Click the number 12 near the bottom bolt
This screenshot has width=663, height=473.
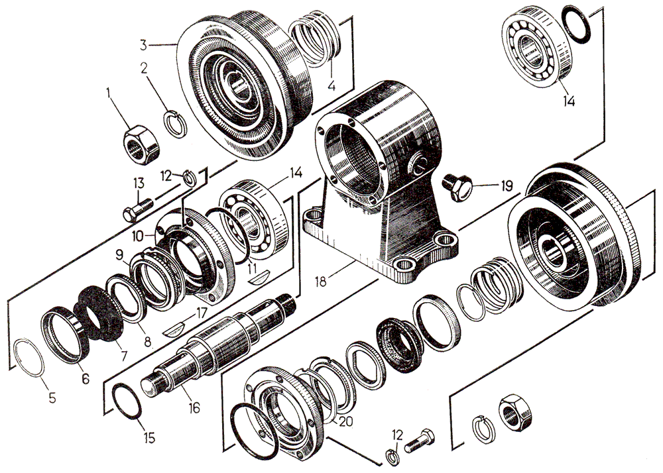point(396,435)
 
